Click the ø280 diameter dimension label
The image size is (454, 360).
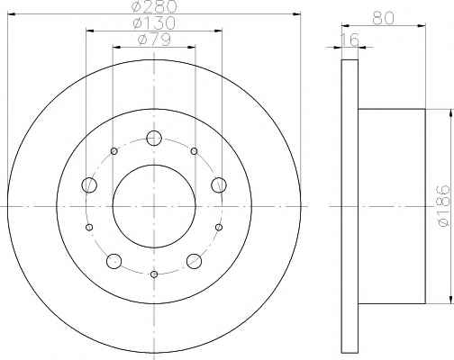(154, 6)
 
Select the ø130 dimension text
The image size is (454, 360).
(154, 22)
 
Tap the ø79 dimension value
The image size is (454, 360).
(154, 40)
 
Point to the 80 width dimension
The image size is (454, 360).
(383, 18)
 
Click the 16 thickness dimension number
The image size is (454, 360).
(350, 40)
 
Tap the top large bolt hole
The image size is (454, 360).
(154, 139)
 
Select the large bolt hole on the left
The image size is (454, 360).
(89, 184)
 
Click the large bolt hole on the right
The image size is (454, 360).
(219, 184)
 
